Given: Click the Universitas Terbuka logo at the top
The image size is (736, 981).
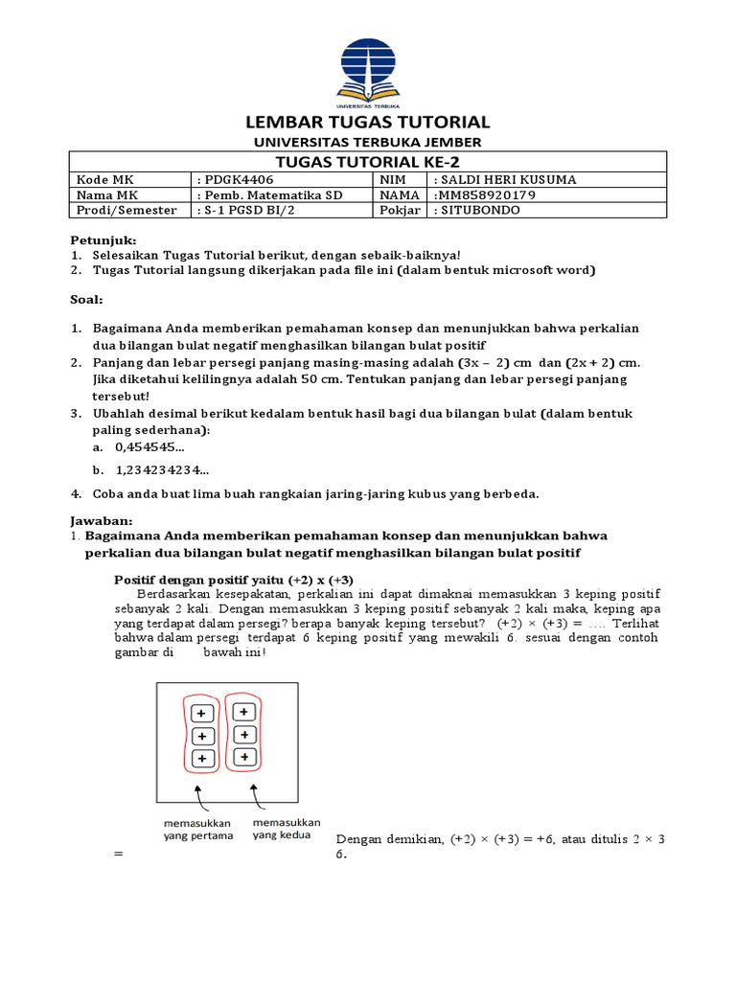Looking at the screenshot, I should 368,71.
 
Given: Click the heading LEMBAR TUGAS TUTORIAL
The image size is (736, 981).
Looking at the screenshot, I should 368,122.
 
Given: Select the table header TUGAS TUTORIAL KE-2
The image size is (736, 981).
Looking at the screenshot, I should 368,161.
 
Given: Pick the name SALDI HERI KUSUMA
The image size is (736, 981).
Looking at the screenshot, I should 506,180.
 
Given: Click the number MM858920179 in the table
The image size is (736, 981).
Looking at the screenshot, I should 485,195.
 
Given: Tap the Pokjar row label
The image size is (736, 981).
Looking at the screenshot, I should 398,211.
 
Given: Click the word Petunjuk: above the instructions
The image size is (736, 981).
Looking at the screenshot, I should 103,239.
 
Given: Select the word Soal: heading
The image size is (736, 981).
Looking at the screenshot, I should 86,300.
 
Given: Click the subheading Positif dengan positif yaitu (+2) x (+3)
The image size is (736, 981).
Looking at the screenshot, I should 220,581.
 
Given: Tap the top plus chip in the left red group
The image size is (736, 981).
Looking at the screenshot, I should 201,714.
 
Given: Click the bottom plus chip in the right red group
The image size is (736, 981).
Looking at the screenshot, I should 245,757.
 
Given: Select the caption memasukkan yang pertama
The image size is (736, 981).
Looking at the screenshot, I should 195,829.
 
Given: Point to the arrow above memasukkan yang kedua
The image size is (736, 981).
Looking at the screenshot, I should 254,797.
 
